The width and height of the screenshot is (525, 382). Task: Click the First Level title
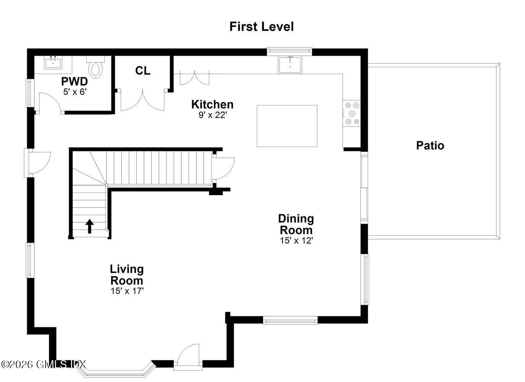pos(262,27)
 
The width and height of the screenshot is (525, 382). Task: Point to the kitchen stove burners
pos(351,113)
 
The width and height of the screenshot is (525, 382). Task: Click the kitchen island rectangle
pos(287,126)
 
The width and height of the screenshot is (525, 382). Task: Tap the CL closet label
pos(143,71)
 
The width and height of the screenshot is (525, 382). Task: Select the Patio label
pos(430,146)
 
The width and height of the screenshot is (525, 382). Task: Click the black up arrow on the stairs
pos(89,226)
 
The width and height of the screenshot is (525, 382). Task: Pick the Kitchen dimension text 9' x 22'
pos(213,115)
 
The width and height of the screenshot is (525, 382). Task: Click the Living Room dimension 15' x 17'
pos(127,291)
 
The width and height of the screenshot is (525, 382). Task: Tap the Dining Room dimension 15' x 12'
pos(296,241)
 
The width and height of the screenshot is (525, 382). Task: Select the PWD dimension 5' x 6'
pos(75,92)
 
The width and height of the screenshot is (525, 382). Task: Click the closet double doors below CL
pos(143,101)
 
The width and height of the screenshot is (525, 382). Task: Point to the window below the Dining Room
pos(290,320)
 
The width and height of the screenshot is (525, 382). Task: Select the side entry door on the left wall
pos(38,162)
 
